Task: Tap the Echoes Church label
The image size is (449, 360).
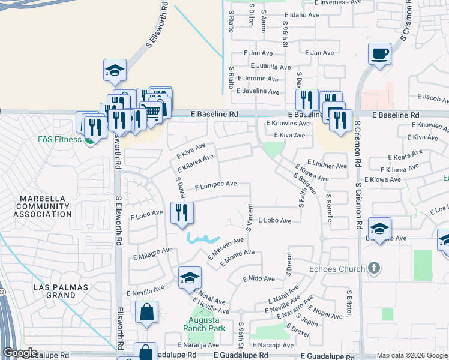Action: coord(337,269)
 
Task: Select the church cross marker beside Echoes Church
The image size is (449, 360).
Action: coord(374,268)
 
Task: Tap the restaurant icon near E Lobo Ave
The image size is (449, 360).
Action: coord(182,212)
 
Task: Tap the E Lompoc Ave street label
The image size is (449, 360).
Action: coord(211,186)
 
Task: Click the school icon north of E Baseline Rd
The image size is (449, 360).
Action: coord(115,70)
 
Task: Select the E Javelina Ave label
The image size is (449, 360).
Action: coord(258,92)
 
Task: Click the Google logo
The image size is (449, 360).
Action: coord(19,353)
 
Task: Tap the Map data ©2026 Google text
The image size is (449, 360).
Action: coord(412,355)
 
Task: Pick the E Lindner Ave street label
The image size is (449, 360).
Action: coord(327,166)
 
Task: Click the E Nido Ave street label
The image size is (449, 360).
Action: coord(259,279)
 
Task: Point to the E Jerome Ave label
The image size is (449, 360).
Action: coord(258,79)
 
